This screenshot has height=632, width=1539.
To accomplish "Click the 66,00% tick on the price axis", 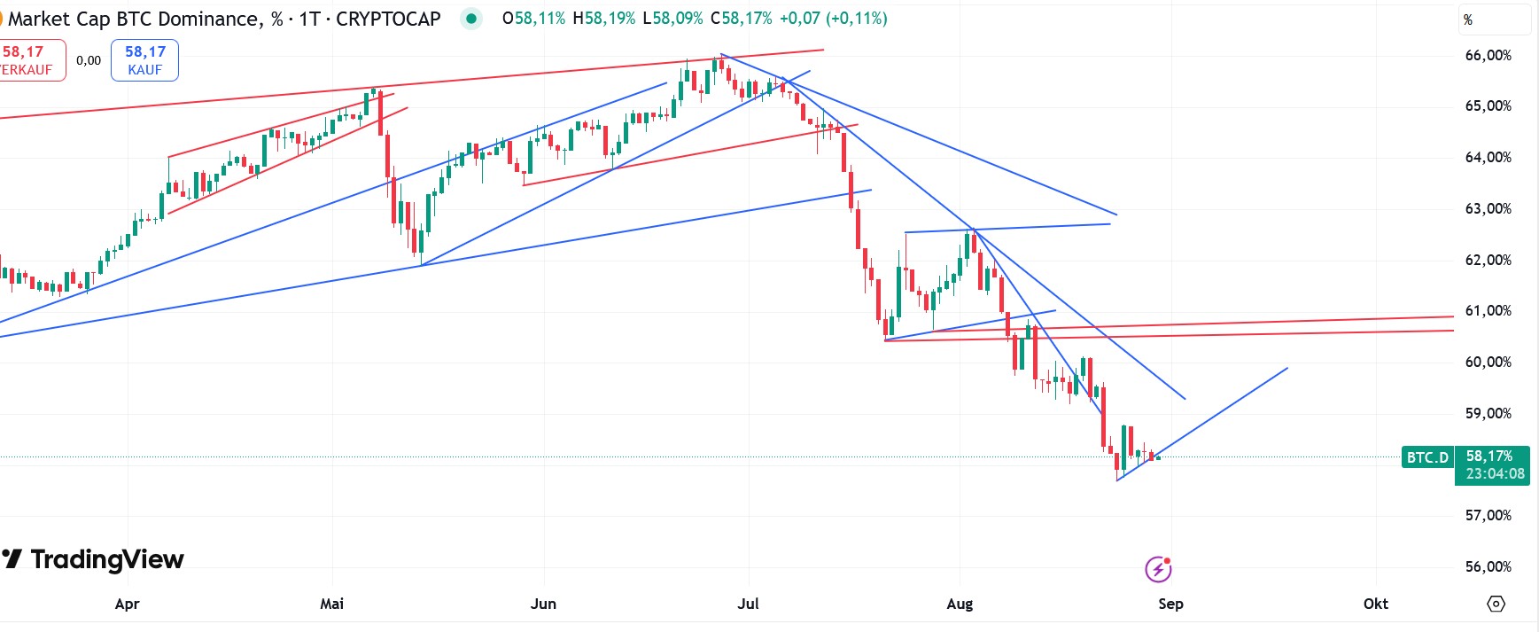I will tap(1488, 55).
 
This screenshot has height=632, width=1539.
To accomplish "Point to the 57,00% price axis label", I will tap(1488, 515).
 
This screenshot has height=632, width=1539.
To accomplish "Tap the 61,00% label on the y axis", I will tap(1488, 310).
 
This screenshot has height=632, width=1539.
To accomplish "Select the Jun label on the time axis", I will tap(543, 604).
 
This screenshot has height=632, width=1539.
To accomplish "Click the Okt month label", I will tap(1375, 604).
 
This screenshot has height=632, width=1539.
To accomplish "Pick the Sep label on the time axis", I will tap(1170, 604).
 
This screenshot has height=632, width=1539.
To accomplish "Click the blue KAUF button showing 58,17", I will tap(144, 60).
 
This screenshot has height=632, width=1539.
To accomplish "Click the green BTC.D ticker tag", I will tap(1427, 457).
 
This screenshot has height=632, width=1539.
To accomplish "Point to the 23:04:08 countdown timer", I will tap(1495, 474).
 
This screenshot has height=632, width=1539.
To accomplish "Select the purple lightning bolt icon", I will tap(1158, 569).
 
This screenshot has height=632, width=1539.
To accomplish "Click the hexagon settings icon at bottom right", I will tap(1496, 604).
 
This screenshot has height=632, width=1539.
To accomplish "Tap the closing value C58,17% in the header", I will tap(741, 18).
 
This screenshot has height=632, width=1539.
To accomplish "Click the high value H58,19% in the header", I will tap(603, 18).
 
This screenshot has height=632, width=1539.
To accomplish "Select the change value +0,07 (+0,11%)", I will tap(833, 18).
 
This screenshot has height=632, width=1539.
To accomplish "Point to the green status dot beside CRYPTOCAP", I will tap(471, 18).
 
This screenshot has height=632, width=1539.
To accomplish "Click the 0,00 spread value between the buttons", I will tap(89, 60).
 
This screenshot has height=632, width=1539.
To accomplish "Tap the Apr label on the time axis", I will tap(127, 604).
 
